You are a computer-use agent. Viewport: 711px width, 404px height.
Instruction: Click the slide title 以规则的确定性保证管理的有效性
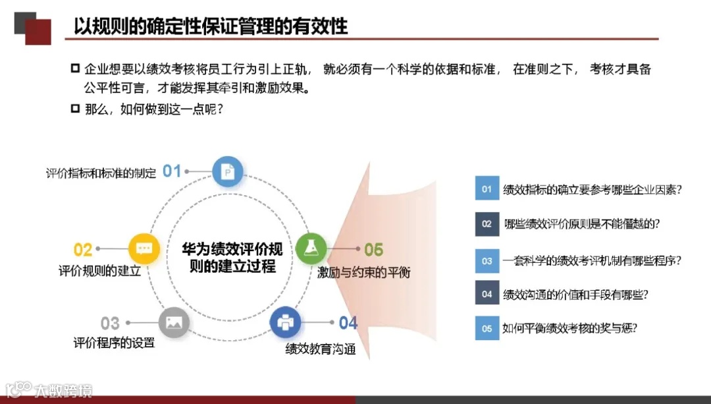(211, 26)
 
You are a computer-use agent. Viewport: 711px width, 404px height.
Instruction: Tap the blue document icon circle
(228, 173)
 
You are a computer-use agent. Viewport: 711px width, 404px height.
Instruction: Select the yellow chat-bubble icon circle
(144, 248)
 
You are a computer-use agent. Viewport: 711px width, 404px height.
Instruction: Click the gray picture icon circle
(174, 323)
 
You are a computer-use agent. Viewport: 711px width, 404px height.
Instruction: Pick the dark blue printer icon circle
(286, 323)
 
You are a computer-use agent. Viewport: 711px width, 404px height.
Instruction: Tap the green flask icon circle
(311, 248)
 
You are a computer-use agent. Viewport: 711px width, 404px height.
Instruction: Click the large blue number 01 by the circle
(172, 171)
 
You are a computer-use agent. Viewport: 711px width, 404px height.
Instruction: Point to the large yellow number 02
(83, 250)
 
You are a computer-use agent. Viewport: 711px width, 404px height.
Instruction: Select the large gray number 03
(110, 324)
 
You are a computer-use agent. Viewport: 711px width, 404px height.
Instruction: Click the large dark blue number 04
(348, 323)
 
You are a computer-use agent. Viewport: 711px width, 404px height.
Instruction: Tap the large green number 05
(373, 250)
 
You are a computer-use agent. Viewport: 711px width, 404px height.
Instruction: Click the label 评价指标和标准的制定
(101, 173)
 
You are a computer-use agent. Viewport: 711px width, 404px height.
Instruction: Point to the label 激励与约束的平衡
(363, 272)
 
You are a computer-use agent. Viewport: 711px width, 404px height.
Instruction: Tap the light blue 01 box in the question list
(487, 189)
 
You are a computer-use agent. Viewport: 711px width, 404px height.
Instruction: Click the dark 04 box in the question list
(487, 294)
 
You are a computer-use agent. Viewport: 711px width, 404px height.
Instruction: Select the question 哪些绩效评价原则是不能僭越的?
(581, 224)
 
